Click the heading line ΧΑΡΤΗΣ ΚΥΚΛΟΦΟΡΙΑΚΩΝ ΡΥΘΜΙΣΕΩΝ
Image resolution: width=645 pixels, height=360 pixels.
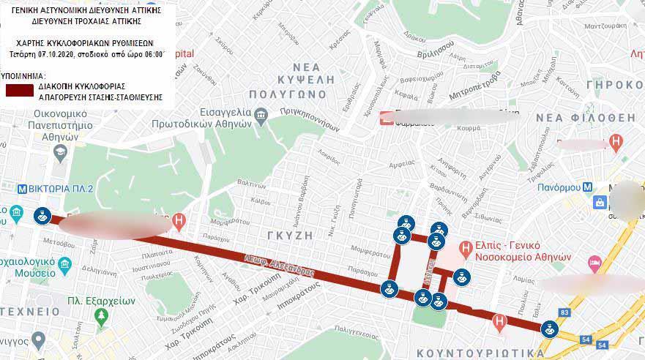pos(87,42)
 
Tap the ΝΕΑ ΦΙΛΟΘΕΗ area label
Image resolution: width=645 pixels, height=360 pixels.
pos(585,117)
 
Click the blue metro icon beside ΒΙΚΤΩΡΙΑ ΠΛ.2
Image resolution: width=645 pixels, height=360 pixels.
pos(22,188)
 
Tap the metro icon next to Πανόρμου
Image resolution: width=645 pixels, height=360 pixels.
pos(587,186)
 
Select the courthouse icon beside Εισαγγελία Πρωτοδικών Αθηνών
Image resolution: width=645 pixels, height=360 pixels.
pos(261,116)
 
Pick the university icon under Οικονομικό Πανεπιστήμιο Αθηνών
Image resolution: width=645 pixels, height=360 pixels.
pos(60,151)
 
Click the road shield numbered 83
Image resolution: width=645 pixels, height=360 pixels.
pos(564,313)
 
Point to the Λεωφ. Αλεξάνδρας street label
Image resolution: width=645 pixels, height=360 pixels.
pos(278,265)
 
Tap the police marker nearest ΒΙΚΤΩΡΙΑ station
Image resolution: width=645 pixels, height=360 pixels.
pos(42,216)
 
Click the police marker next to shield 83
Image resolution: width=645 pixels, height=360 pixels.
pos(548,329)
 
